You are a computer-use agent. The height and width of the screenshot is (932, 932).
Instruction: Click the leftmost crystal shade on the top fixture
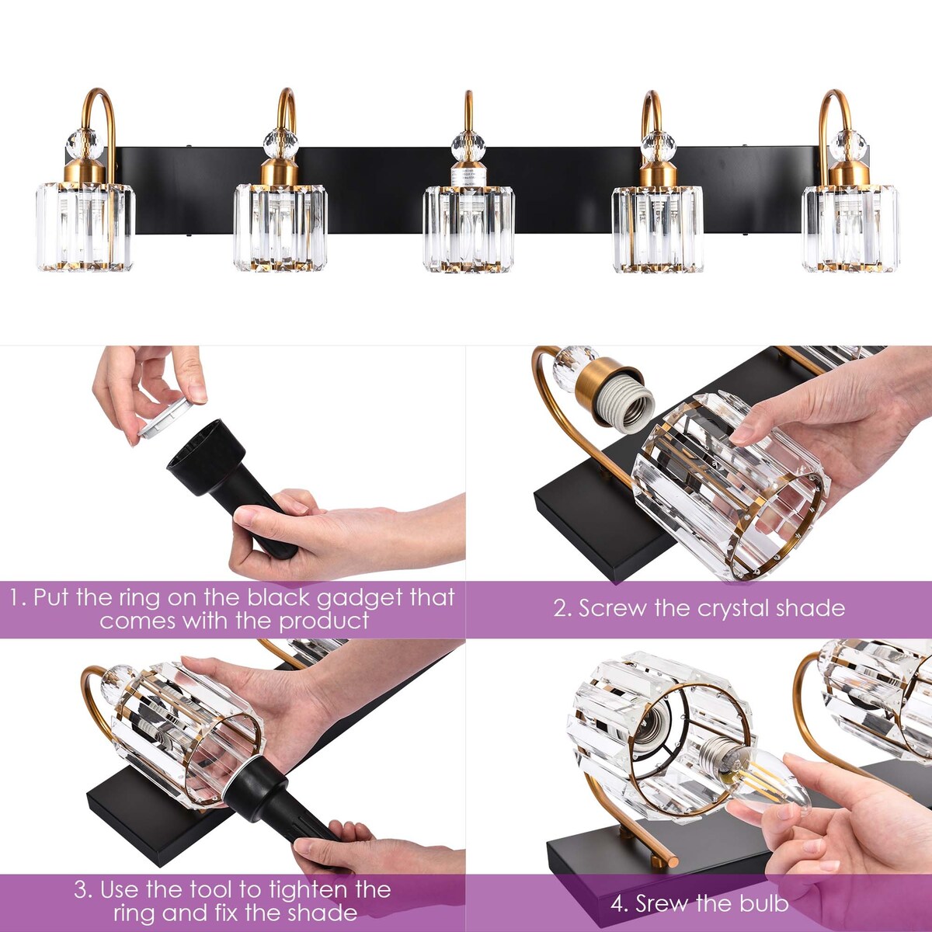(85, 227)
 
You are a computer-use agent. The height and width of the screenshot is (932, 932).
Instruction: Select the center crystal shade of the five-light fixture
(468, 230)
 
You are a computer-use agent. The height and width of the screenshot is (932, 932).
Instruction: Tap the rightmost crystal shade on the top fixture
(850, 228)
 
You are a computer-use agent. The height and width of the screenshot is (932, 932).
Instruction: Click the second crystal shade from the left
(280, 227)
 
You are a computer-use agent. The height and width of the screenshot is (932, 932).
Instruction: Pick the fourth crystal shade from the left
(657, 228)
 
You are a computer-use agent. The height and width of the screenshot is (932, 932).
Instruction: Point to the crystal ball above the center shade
(468, 145)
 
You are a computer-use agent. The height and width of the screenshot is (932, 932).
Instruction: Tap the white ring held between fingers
(165, 419)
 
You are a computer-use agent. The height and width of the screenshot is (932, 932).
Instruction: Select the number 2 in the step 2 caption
(562, 608)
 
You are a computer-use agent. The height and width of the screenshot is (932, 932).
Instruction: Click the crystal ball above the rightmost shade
(849, 144)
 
